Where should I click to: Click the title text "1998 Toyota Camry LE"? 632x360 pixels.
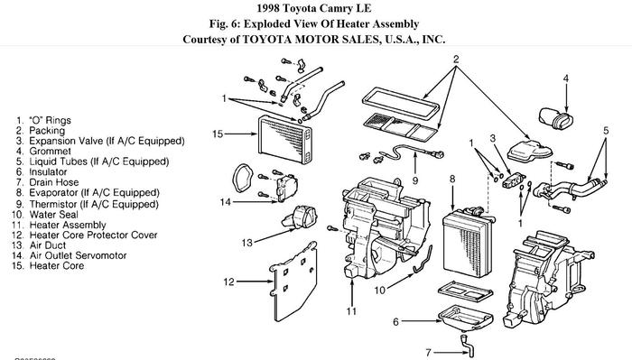click(314, 8)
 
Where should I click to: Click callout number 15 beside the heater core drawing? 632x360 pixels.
click(217, 134)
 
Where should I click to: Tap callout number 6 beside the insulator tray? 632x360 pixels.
click(395, 320)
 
